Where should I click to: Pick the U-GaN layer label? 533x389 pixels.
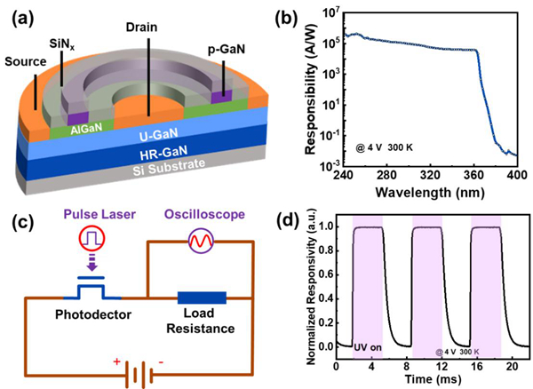click(x=143, y=136)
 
